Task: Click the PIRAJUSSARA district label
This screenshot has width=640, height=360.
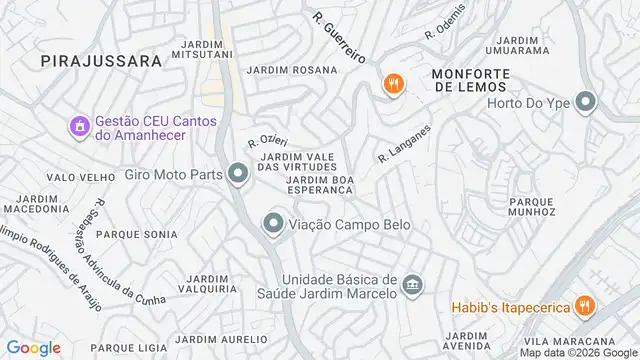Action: (102, 61)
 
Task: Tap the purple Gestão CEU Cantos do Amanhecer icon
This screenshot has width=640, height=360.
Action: (78, 126)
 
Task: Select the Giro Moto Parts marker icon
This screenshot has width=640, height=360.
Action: (237, 175)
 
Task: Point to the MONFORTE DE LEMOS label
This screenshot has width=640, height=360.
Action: (470, 81)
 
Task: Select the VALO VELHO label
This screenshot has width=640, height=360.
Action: (76, 177)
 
